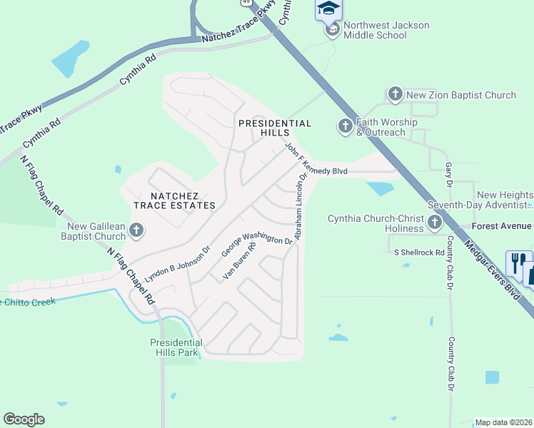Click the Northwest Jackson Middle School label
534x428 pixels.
(386, 30)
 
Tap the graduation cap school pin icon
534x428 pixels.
(328, 9)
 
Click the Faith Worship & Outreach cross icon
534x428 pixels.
(345, 127)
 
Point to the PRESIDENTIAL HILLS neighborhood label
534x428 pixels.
(275, 128)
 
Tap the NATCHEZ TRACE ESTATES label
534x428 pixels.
(174, 200)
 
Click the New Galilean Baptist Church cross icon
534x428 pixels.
(137, 230)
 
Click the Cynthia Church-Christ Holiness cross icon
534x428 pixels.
(434, 224)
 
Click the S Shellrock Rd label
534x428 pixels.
(419, 253)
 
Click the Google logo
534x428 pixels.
(24, 419)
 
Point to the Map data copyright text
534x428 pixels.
(503, 422)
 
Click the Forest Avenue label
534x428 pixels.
(503, 226)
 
